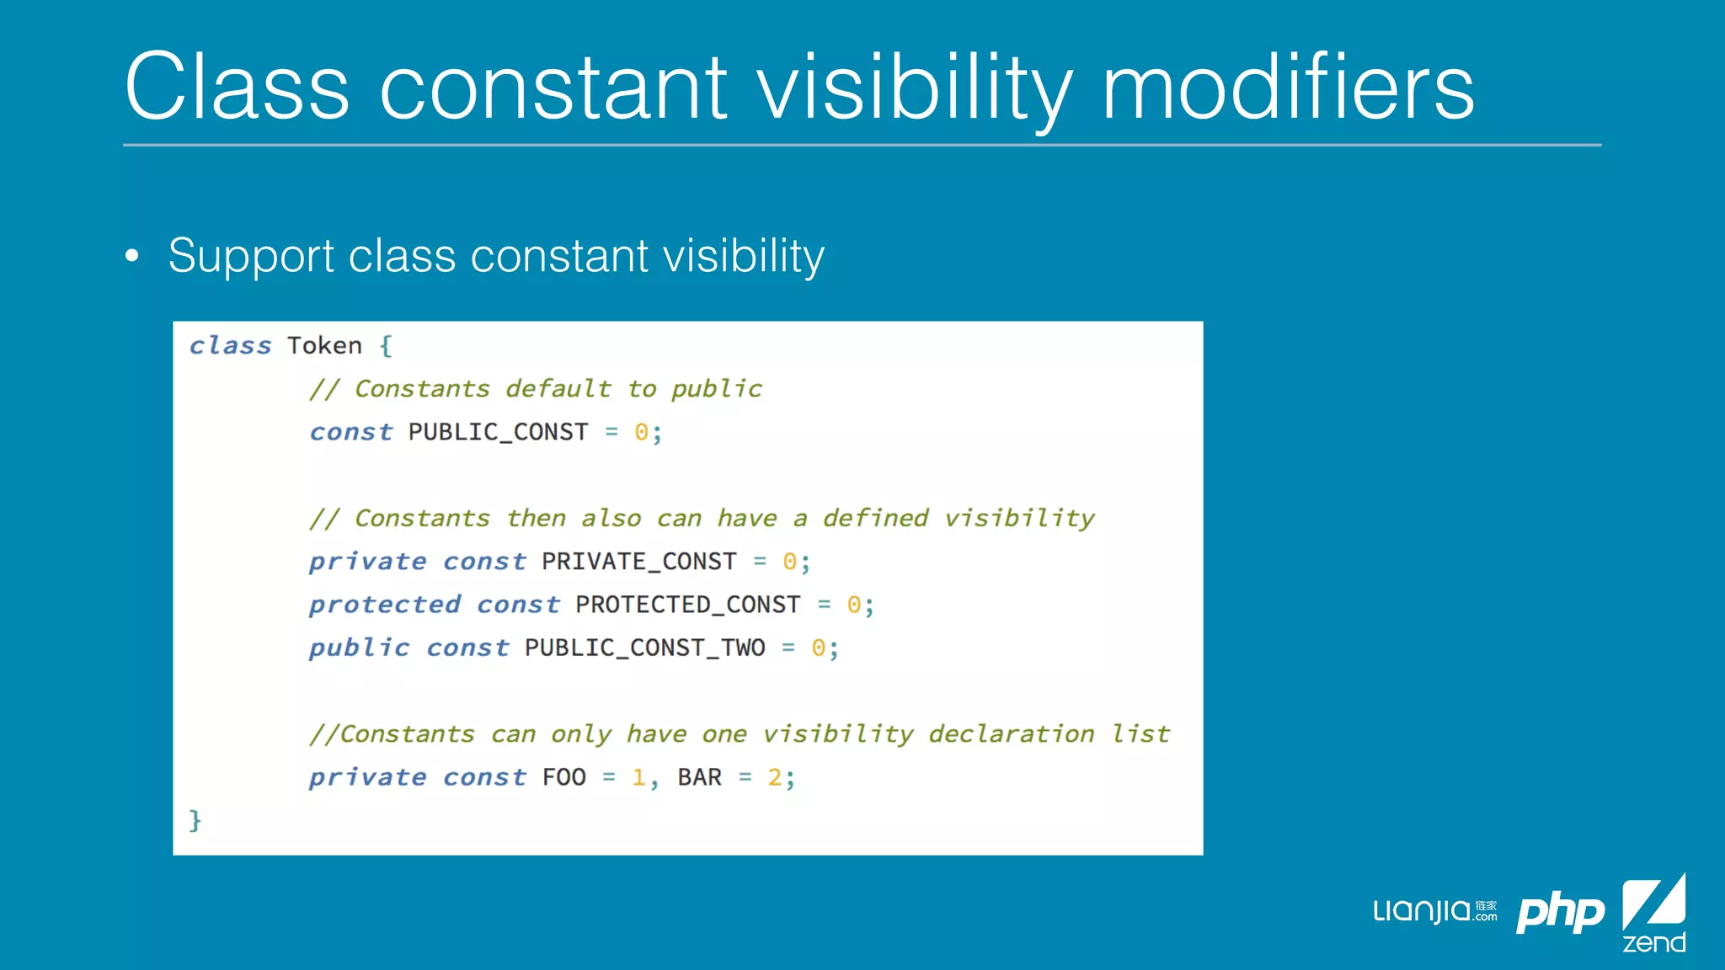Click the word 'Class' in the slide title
[x=237, y=88]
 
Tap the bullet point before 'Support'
[x=132, y=256]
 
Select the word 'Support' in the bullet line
[x=252, y=256]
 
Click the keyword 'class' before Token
[x=230, y=346]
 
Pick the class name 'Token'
[x=324, y=346]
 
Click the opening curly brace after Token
[x=386, y=346]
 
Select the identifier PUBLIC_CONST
[x=498, y=433]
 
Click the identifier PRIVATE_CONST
[x=638, y=562]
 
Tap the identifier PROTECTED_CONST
[x=687, y=605]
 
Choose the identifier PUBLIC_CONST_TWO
[x=644, y=648]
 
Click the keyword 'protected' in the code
[x=385, y=605]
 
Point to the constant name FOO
[x=563, y=777]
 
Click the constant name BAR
[x=699, y=777]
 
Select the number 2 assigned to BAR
[x=774, y=777]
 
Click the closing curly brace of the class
[x=195, y=820]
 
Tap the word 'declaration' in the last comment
[x=1011, y=734]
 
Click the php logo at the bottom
[x=1560, y=912]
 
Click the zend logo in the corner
[x=1653, y=914]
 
